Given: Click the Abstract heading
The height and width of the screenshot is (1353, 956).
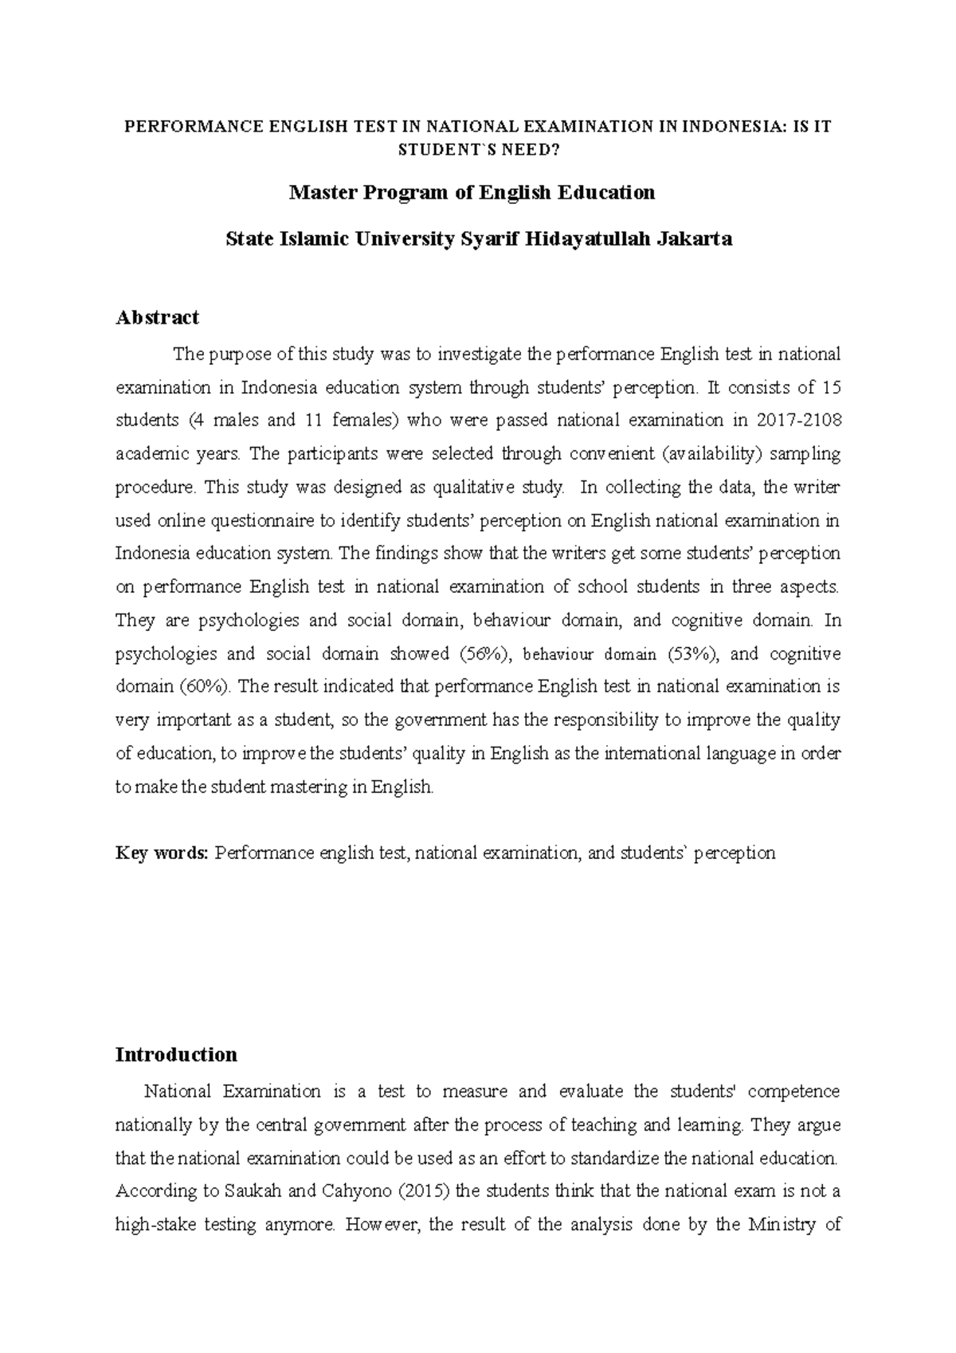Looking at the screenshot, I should click(157, 318).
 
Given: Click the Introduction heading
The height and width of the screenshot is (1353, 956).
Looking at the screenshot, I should click(176, 1055).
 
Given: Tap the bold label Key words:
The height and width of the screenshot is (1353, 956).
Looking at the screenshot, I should click(162, 853).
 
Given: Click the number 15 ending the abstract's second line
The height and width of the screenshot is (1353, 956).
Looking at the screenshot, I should click(830, 388).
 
